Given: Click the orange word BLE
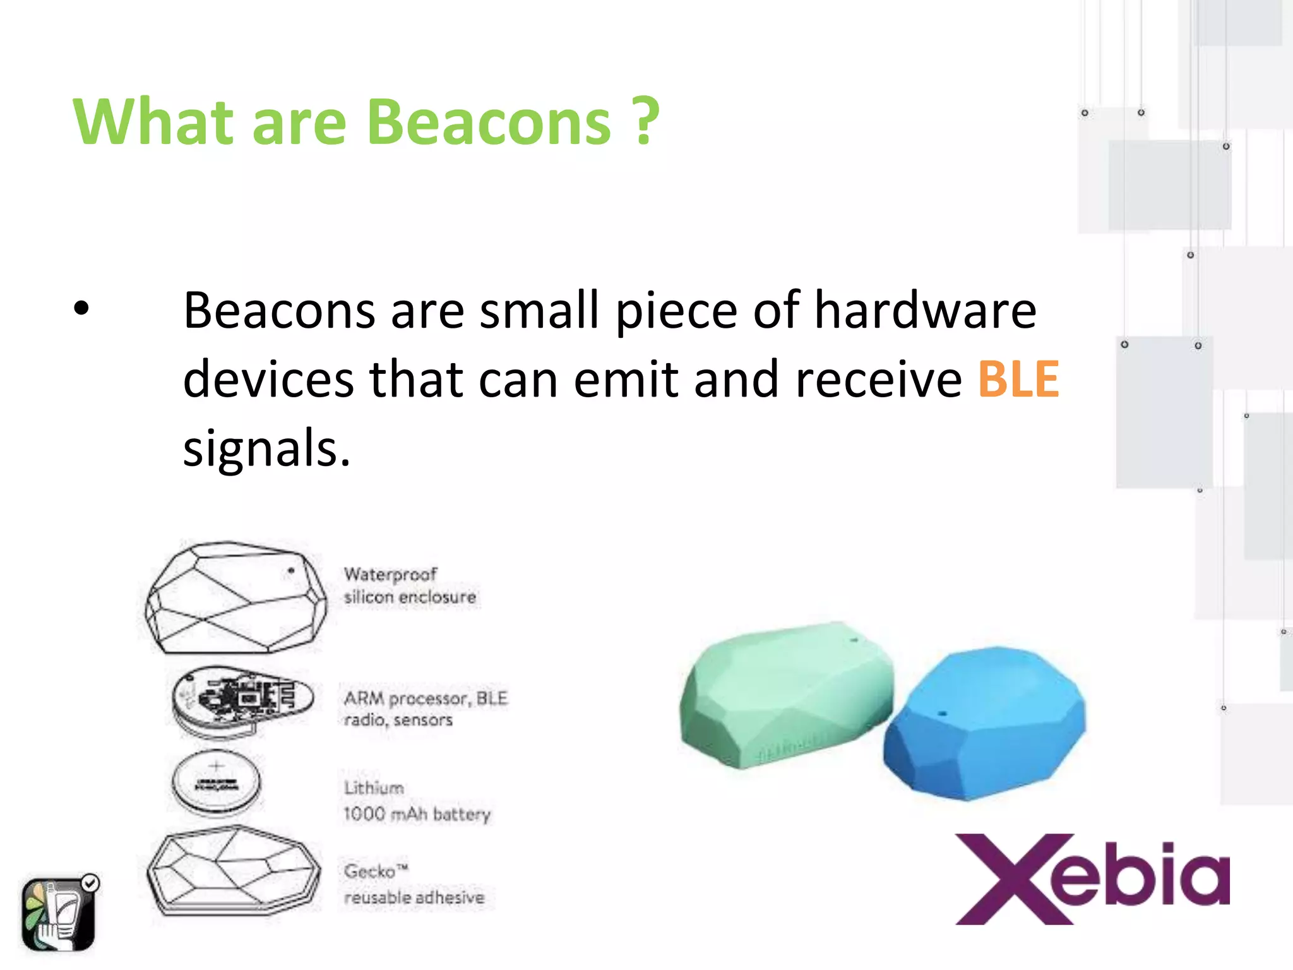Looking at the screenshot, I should point(1018,380).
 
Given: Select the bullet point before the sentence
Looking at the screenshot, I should point(81,309).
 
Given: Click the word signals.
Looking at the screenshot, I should point(266,448).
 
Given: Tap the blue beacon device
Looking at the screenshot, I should point(985,723).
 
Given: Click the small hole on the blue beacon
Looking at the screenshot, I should point(942,713).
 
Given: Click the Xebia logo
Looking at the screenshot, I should point(1092,879).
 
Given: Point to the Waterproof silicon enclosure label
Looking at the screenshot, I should point(409,585).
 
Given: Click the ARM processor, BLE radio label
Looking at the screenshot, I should point(425,709).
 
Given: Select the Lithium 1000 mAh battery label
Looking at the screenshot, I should point(415,801).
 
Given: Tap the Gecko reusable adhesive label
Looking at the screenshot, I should point(414,884).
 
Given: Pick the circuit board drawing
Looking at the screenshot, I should point(242,700).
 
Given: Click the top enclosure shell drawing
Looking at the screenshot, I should point(235,597).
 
